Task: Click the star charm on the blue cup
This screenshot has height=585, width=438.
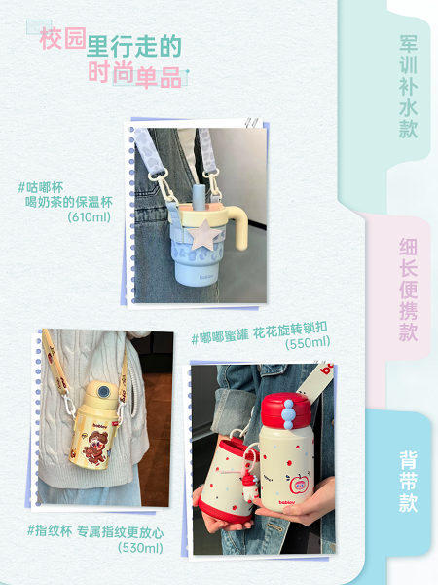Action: pos(204,235)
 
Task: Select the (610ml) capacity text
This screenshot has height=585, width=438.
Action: pos(90,216)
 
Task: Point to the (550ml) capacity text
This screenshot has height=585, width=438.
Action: pos(308,342)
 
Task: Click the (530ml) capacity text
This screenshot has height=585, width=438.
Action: pos(140,548)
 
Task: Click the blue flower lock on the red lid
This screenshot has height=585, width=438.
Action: pos(288,414)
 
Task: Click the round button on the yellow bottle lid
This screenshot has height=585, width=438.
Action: pos(103,392)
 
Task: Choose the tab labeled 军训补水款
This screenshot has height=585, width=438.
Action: pos(408,87)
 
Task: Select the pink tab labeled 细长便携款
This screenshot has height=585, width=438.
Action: pos(408,290)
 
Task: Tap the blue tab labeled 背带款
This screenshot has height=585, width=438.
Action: pos(408,482)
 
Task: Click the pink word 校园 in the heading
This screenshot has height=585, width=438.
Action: pos(63,38)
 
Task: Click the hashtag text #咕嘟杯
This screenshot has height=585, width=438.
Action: pos(41,187)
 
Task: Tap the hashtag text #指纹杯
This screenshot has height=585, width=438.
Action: pos(50,530)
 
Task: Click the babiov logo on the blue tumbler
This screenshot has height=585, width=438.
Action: pos(206,277)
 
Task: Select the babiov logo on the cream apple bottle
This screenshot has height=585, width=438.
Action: pos(287,502)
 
